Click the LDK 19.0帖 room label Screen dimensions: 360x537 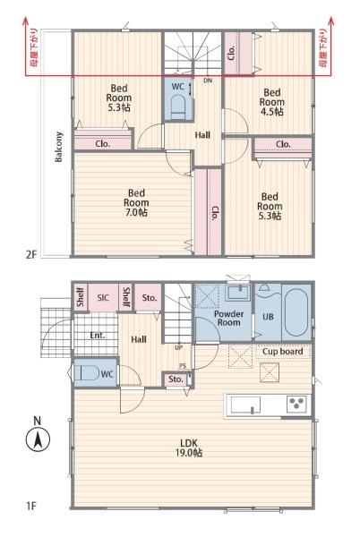click(x=189, y=448)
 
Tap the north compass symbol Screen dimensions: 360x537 click(x=38, y=438)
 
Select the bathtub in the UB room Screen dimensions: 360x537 click(x=296, y=312)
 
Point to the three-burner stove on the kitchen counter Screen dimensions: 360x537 click(x=296, y=403)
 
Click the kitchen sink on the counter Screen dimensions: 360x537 click(x=245, y=405)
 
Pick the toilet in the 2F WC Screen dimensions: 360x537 click(x=178, y=107)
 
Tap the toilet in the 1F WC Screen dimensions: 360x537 click(x=86, y=372)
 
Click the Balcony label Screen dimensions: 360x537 click(x=58, y=147)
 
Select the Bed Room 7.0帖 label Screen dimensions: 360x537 click(x=136, y=202)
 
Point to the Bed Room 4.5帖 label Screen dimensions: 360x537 click(x=272, y=102)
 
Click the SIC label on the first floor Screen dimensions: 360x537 click(x=103, y=297)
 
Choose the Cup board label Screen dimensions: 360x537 click(x=283, y=352)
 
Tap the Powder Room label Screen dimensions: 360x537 click(x=229, y=318)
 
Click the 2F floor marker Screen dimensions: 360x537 click(x=30, y=254)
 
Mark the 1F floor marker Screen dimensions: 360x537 click(x=30, y=506)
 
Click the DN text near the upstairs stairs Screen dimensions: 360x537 click(x=208, y=81)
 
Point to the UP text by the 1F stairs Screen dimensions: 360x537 click(x=178, y=347)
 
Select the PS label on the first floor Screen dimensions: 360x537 click(x=183, y=366)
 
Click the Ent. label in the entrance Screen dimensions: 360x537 click(x=98, y=336)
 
